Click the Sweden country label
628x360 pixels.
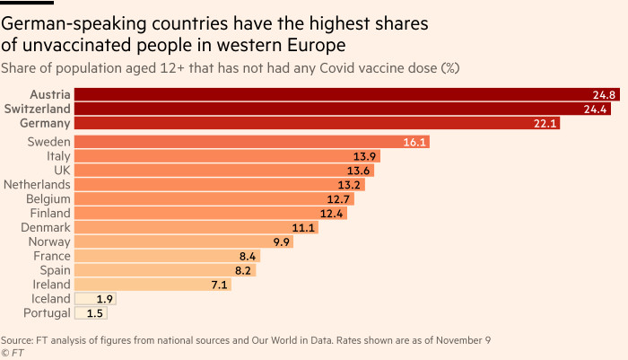[48, 142]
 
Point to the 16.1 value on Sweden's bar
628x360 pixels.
[415, 142]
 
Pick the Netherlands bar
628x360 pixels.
[206, 184]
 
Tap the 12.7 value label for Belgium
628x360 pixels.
[338, 198]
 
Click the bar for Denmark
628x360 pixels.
[179, 227]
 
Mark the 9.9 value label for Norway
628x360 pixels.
[281, 241]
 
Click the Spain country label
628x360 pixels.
[55, 269]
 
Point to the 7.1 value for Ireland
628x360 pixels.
[218, 285]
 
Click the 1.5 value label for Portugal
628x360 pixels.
[95, 312]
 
